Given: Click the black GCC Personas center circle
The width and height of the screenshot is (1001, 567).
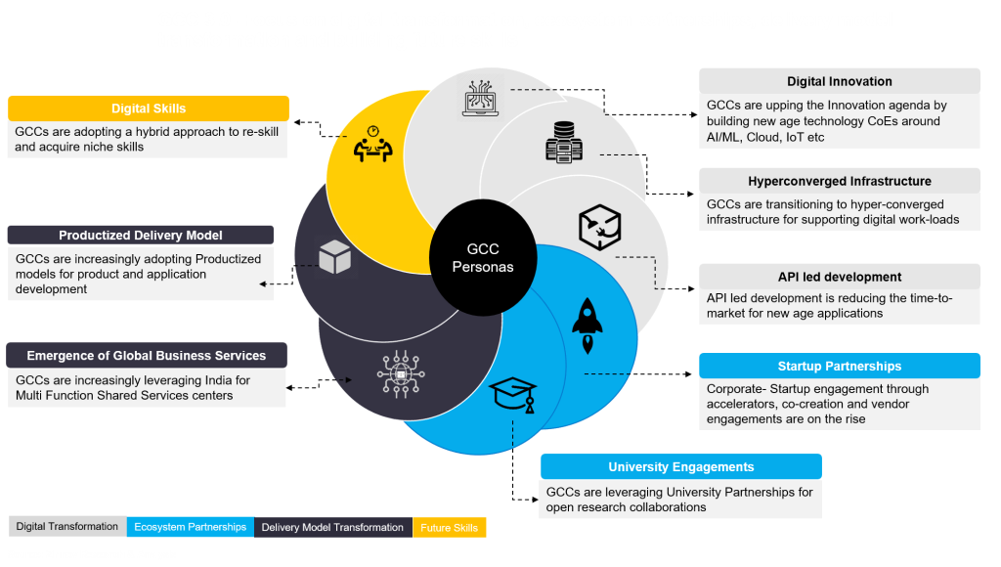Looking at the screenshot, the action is pyautogui.click(x=483, y=257).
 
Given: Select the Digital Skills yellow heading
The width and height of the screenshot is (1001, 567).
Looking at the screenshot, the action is pyautogui.click(x=149, y=109).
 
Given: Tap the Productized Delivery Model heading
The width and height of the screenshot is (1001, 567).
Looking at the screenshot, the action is pyautogui.click(x=141, y=235).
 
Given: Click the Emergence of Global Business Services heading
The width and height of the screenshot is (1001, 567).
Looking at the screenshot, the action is pyautogui.click(x=147, y=356).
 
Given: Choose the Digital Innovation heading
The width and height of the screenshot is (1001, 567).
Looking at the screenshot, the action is pyautogui.click(x=840, y=81).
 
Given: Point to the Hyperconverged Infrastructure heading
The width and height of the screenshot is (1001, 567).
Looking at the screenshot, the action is pyautogui.click(x=840, y=181).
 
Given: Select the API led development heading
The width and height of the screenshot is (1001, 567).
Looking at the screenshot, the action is pyautogui.click(x=840, y=277).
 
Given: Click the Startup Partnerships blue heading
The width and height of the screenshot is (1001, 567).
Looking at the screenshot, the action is pyautogui.click(x=840, y=366).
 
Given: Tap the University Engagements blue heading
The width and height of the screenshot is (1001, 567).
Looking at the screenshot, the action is pyautogui.click(x=681, y=466).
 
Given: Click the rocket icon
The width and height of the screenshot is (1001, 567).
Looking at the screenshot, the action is pyautogui.click(x=588, y=326).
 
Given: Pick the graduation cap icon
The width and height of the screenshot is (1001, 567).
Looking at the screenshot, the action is pyautogui.click(x=512, y=395).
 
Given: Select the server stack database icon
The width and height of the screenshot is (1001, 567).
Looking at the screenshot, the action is pyautogui.click(x=564, y=142).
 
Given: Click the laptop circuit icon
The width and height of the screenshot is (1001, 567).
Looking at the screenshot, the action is pyautogui.click(x=481, y=98).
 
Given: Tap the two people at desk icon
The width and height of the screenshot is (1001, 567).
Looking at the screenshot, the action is pyautogui.click(x=372, y=145).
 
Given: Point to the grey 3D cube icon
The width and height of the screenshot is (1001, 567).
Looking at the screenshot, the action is pyautogui.click(x=334, y=257).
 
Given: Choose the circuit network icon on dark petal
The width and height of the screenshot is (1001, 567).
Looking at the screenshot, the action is pyautogui.click(x=401, y=374).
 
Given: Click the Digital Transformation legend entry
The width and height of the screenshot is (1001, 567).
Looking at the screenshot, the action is pyautogui.click(x=67, y=526).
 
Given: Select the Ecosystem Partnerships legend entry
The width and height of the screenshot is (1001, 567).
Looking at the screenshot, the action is pyautogui.click(x=191, y=527).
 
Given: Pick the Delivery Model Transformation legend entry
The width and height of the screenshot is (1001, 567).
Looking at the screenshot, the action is pyautogui.click(x=332, y=528).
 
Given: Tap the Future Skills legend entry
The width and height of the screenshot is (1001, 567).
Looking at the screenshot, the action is pyautogui.click(x=450, y=528).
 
